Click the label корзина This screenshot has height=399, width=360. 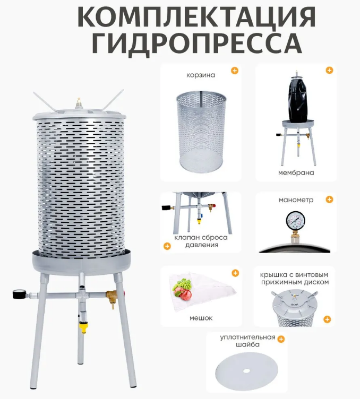(x=201, y=75)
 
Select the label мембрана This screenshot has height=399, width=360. (x=296, y=173)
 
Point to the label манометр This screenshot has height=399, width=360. (x=296, y=200)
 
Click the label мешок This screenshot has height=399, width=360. (x=201, y=318)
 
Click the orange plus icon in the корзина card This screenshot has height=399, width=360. (x=235, y=71)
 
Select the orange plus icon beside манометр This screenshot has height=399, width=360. (x=329, y=199)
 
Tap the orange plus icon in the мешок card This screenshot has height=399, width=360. (x=235, y=273)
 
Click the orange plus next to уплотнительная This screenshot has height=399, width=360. (x=281, y=339)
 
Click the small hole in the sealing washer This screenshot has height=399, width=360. (x=246, y=371)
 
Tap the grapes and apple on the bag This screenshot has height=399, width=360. (x=183, y=288)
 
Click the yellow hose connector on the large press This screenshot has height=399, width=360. (x=82, y=326)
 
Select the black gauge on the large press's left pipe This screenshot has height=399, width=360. (x=19, y=294)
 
